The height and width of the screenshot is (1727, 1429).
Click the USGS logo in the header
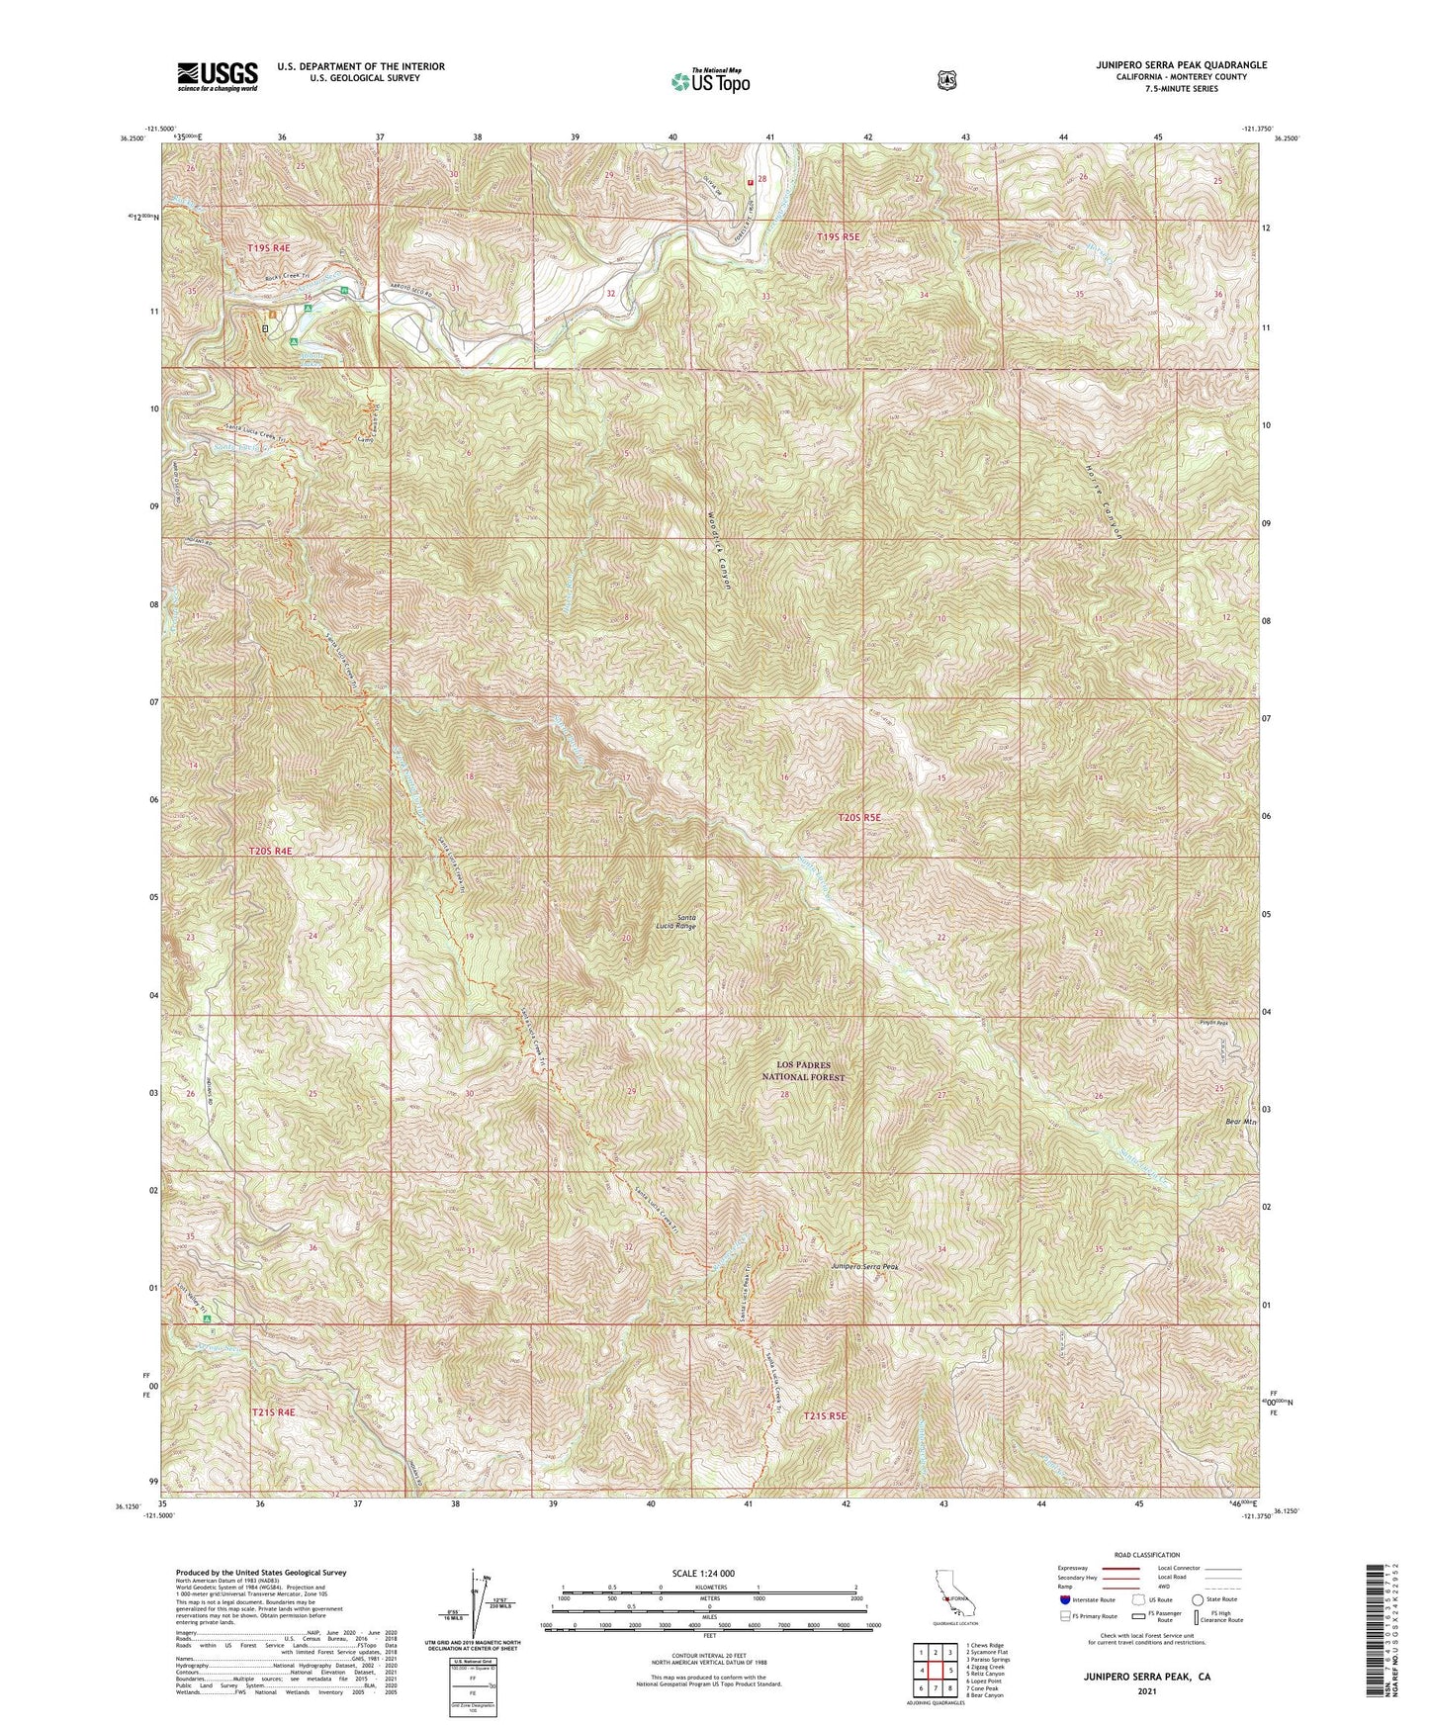coord(218,76)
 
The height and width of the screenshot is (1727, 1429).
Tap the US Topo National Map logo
coord(709,81)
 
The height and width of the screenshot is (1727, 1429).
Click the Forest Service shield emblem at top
coord(946,80)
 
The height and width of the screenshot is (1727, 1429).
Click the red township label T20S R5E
coord(858,818)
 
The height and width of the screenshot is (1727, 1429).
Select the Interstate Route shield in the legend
coord(1064,1599)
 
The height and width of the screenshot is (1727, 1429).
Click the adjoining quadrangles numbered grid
coord(935,1672)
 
